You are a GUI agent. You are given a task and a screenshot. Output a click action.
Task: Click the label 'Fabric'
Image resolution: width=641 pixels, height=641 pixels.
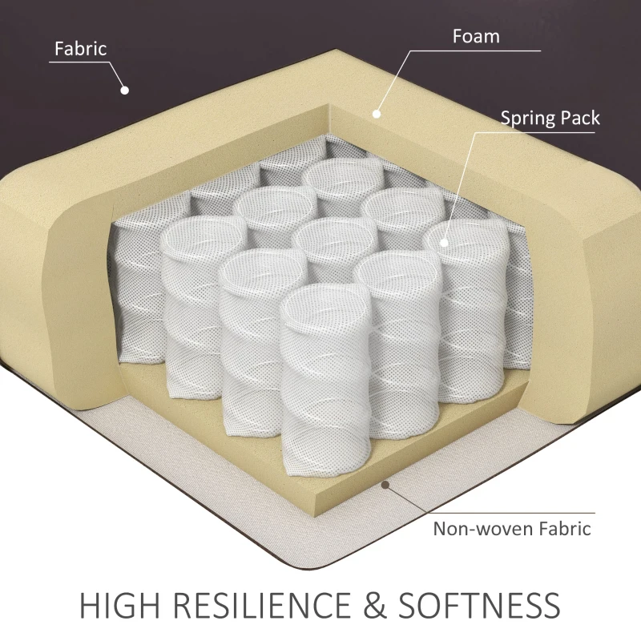pos(81,49)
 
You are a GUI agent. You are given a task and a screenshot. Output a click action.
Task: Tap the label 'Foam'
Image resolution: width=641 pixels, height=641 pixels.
pos(476,36)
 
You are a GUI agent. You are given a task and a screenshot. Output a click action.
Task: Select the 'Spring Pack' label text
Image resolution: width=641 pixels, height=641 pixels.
pos(550,118)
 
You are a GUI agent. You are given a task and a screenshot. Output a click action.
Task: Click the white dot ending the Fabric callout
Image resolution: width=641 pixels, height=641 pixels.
pos(125,90)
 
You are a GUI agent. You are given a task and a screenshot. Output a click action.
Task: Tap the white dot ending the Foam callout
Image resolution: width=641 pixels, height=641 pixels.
pos(377,114)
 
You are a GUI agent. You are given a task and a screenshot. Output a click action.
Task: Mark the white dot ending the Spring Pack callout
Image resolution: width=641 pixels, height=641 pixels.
pos(444,243)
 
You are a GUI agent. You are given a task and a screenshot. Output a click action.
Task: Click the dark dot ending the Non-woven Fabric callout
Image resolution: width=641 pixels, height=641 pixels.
pos(385,485)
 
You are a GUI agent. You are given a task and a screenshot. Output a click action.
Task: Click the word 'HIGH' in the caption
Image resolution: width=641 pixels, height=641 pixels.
pos(119,604)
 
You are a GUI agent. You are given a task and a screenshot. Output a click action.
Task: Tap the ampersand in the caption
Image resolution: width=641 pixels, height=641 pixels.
pos(374,604)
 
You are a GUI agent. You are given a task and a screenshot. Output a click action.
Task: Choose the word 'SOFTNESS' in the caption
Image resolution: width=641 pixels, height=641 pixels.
pos(479,604)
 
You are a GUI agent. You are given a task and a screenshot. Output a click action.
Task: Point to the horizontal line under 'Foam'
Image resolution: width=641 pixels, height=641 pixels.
pos(475,50)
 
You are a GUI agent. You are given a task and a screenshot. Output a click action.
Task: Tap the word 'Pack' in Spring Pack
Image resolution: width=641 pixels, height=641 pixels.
pos(579,118)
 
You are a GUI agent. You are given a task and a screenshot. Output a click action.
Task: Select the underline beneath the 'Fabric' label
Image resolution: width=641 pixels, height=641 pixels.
pos(79,62)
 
